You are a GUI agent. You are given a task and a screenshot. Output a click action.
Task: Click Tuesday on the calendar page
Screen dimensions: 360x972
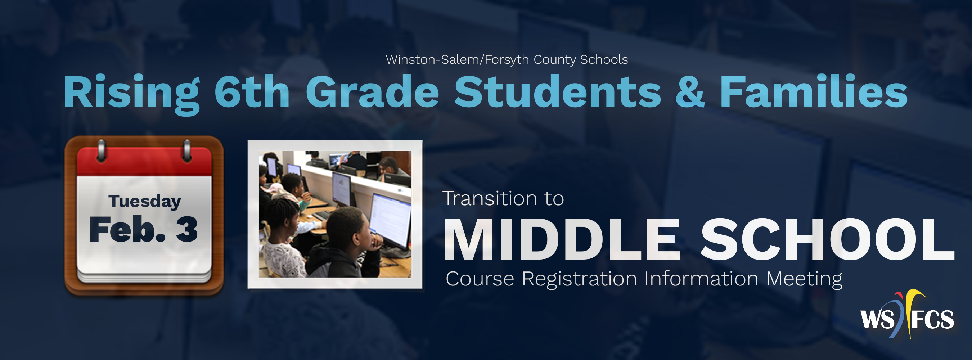pyautogui.click(x=145, y=201)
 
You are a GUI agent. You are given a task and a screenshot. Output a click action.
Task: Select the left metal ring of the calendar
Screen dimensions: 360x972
pyautogui.click(x=102, y=151)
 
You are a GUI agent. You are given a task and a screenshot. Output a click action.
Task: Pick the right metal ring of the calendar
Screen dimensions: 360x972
pyautogui.click(x=187, y=151)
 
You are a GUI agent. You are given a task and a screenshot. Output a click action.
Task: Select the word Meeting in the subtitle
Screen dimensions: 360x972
pyautogui.click(x=804, y=279)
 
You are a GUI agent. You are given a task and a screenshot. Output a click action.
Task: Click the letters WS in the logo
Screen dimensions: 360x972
pyautogui.click(x=877, y=319)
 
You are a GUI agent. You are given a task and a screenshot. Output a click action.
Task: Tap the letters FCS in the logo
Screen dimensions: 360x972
pyautogui.click(x=932, y=319)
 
